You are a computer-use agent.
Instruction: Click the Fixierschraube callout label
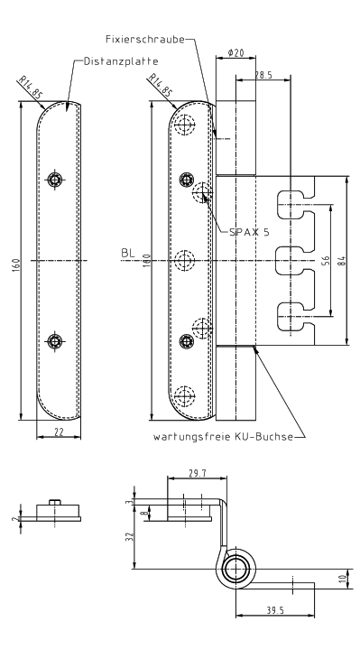145,40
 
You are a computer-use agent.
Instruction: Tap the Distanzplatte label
121,61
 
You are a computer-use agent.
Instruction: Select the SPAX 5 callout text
249,232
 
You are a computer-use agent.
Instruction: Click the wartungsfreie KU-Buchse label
223,437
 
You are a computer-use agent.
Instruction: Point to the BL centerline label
128,253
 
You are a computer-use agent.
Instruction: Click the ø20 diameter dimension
235,52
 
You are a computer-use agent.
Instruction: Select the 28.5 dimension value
263,75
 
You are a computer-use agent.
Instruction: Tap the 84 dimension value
341,260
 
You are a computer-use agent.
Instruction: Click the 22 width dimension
59,432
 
